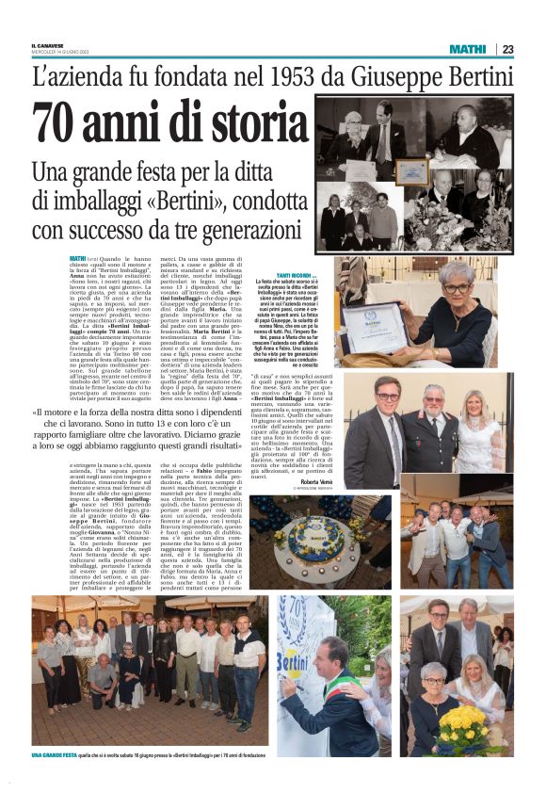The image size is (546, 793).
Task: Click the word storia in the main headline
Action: [x=244, y=123]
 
